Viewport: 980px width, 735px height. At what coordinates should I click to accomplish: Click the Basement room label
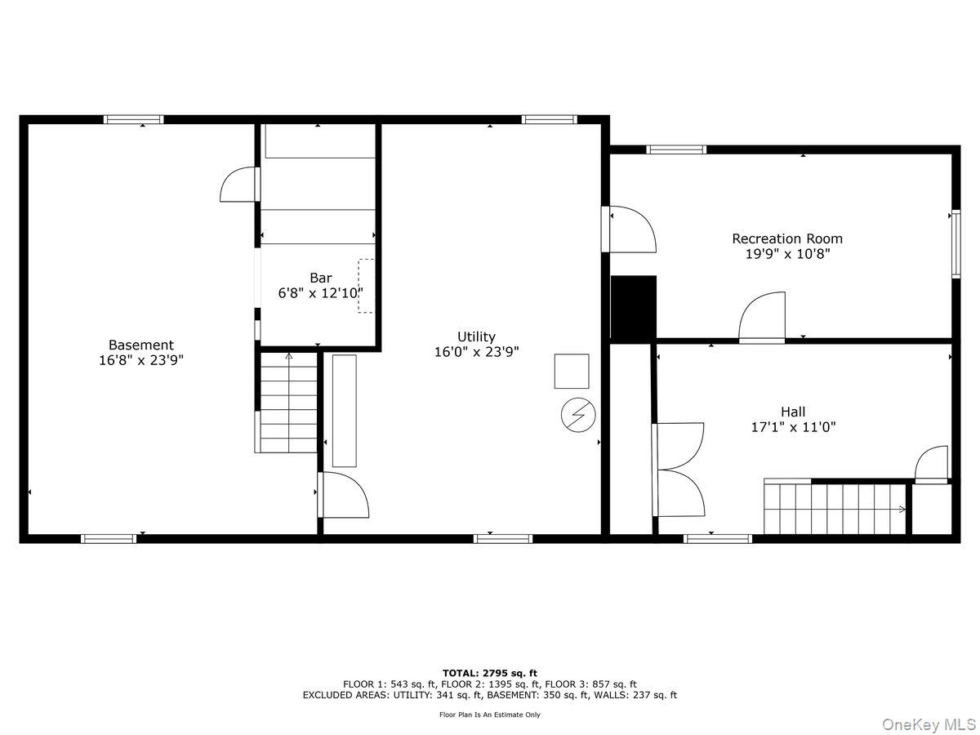tap(141, 345)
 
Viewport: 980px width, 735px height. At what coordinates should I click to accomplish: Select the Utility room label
tap(476, 336)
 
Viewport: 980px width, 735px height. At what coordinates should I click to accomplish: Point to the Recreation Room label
tap(786, 238)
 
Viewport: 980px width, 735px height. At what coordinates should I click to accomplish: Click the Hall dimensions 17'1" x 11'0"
tap(793, 426)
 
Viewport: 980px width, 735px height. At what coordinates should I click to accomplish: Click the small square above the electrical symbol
tap(572, 371)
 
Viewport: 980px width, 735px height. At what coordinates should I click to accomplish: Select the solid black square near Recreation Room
tap(634, 308)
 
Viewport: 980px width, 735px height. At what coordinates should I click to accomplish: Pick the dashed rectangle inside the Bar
tap(366, 286)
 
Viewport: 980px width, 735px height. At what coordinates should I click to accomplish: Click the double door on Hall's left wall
tap(679, 470)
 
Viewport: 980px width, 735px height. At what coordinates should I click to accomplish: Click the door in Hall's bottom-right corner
tap(932, 465)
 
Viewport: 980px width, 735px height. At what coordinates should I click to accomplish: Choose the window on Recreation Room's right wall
tap(954, 244)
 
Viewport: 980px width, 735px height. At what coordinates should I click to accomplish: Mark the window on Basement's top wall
tap(134, 120)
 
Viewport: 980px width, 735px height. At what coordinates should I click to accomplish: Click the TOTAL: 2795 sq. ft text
tap(490, 673)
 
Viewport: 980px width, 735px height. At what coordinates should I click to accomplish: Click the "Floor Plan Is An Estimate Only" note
tap(490, 715)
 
